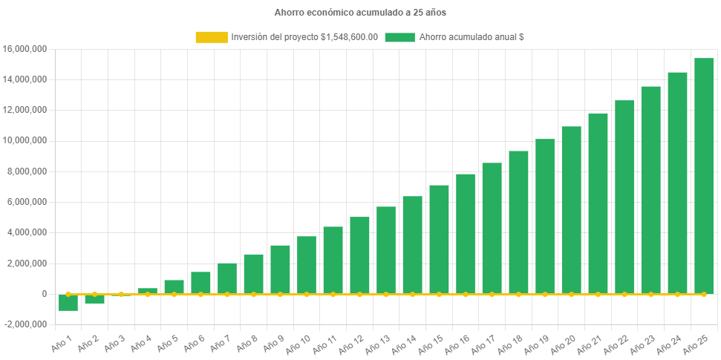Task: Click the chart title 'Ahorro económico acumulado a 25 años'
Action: pyautogui.click(x=360, y=13)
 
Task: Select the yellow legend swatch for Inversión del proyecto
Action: pyautogui.click(x=211, y=37)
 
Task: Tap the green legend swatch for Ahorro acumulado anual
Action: pyautogui.click(x=399, y=37)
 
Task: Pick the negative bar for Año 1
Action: pyautogui.click(x=68, y=302)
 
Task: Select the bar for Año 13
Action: pyautogui.click(x=386, y=250)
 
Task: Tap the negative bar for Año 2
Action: pyautogui.click(x=94, y=298)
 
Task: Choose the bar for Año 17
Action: pyautogui.click(x=492, y=228)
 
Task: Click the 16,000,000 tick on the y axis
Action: pyautogui.click(x=25, y=49)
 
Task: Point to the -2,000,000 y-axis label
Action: pyautogui.click(x=25, y=324)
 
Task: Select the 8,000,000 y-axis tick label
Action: pyautogui.click(x=27, y=171)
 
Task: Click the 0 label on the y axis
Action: pyautogui.click(x=45, y=294)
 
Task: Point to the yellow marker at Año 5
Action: pyautogui.click(x=174, y=294)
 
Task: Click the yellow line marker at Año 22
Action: pyautogui.click(x=624, y=294)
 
